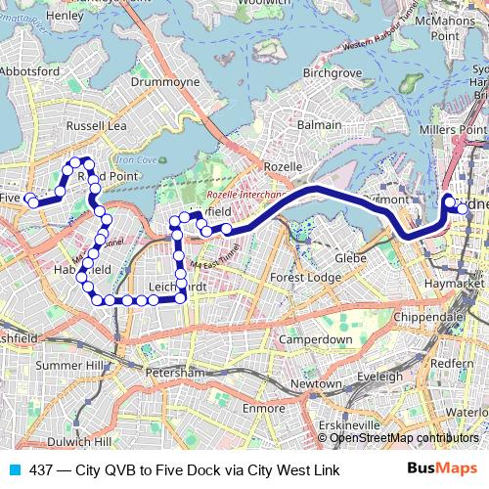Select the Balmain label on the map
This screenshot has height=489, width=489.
point(319,125)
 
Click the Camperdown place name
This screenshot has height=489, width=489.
point(315,338)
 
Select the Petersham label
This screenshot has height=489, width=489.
point(172,374)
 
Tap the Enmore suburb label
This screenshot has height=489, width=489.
point(263,406)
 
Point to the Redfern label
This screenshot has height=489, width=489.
point(451,363)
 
